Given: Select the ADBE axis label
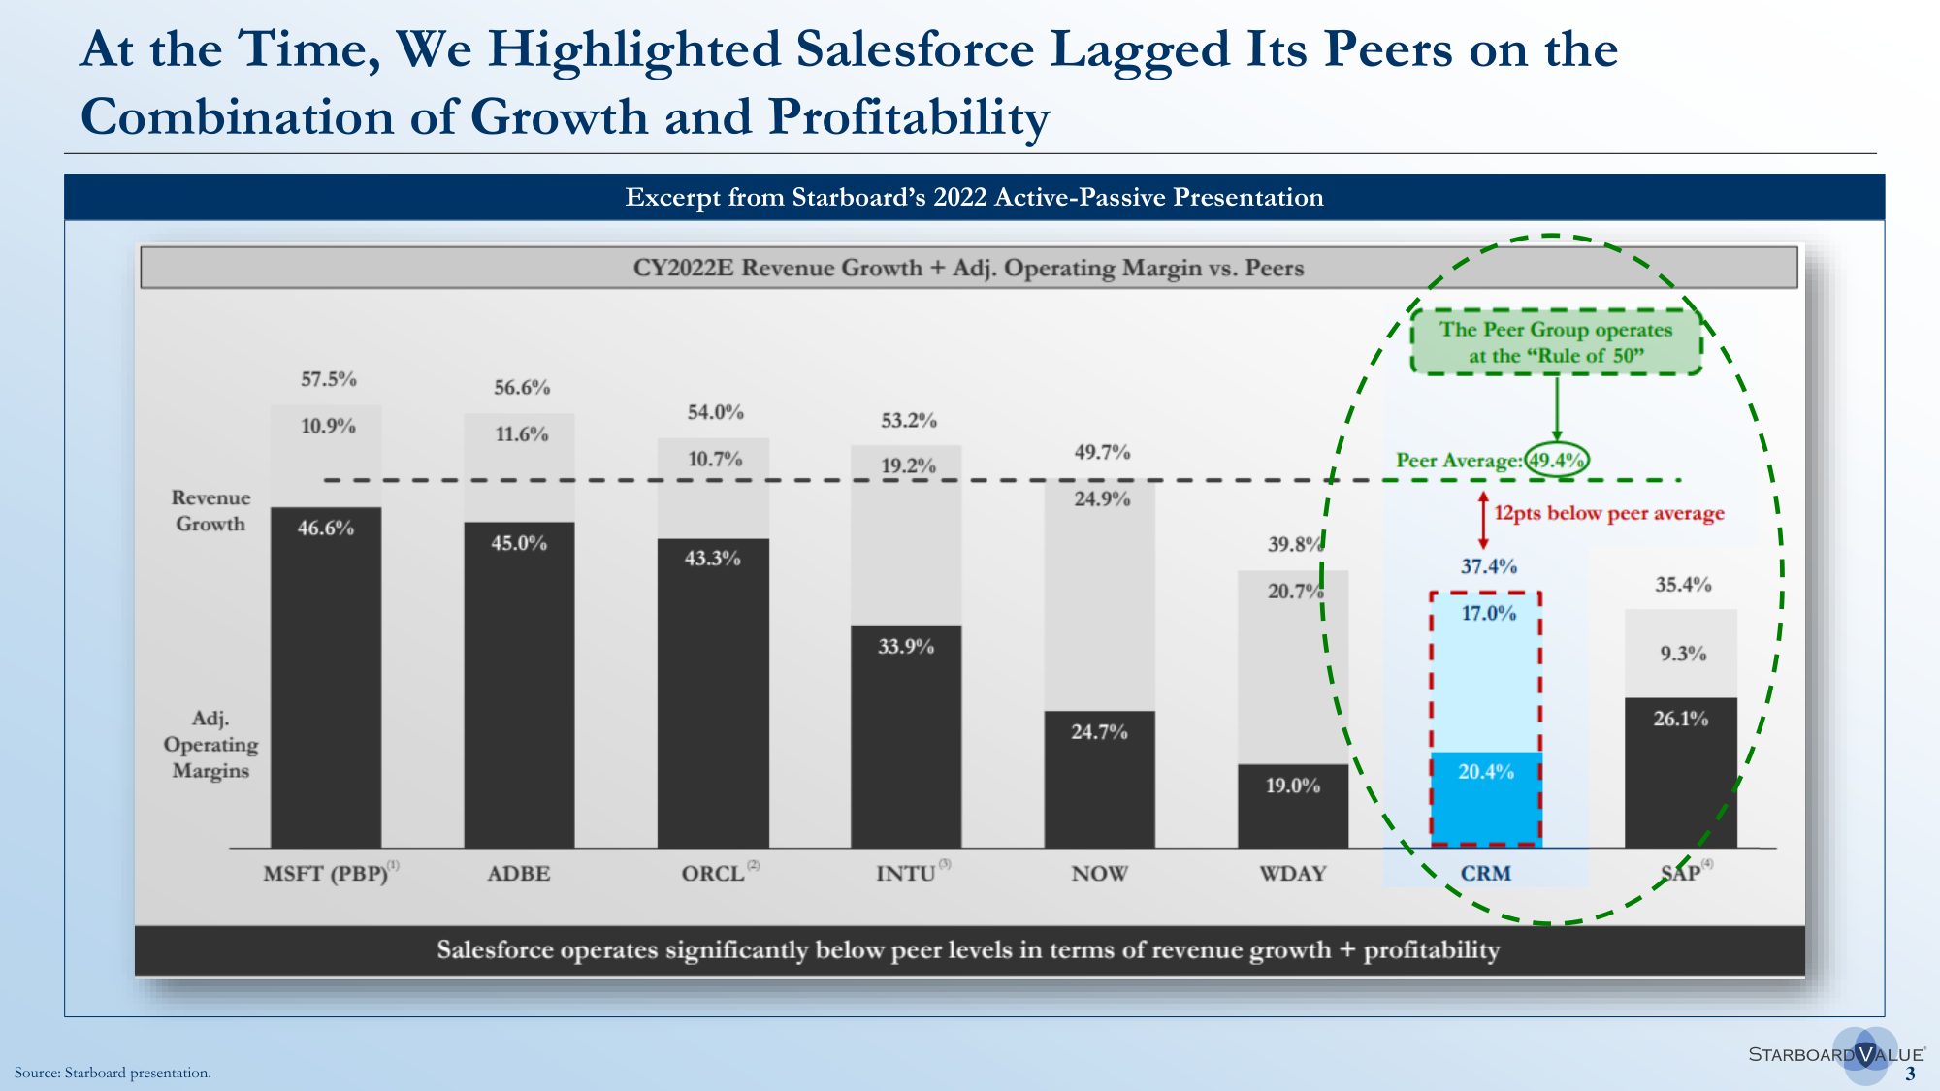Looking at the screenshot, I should (x=519, y=874).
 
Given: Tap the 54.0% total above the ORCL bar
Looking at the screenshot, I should (x=716, y=412).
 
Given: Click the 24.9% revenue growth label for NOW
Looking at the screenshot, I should (x=1102, y=498).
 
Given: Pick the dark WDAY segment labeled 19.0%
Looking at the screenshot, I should (x=1293, y=805).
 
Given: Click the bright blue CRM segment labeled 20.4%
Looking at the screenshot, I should (x=1485, y=795).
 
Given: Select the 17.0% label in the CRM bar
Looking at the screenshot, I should (x=1488, y=613).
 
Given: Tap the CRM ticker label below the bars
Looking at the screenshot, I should (x=1485, y=874).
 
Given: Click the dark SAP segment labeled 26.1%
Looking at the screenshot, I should (x=1681, y=771).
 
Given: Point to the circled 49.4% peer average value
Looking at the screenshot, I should (x=1556, y=460).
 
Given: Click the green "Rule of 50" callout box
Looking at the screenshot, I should (x=1556, y=342).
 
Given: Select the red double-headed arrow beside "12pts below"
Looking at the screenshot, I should (x=1483, y=520).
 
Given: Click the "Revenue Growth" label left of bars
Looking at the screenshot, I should (x=210, y=510).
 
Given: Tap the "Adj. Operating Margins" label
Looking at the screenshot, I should (x=210, y=744).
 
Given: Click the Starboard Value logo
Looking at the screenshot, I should (x=1835, y=1054).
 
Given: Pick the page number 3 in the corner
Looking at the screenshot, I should (x=1910, y=1074).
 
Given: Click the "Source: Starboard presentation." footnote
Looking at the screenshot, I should (x=113, y=1073).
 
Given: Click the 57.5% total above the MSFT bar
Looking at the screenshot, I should (x=329, y=379).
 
